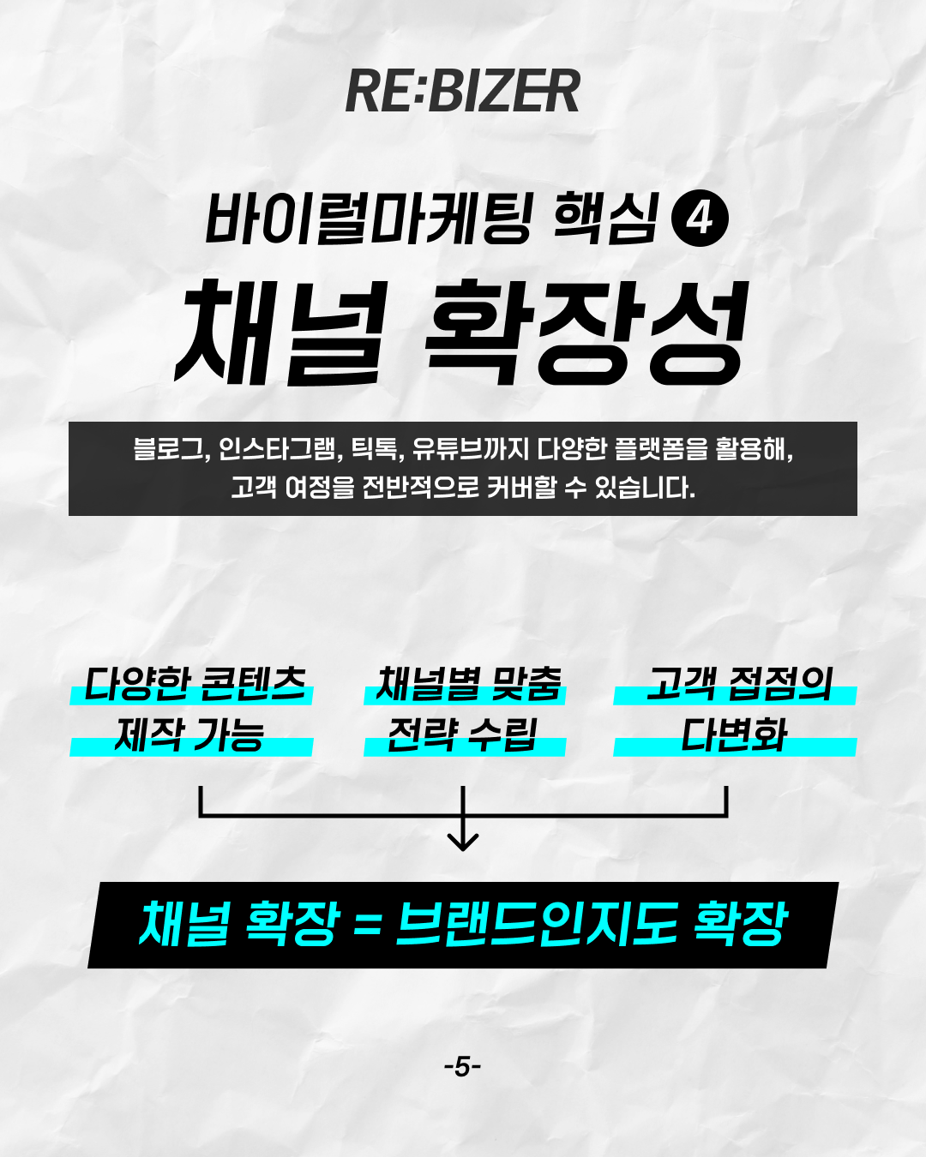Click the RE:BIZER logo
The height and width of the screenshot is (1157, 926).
click(x=463, y=92)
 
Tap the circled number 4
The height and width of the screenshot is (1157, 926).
click(x=701, y=219)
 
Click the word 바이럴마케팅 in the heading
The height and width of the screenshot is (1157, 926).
click(x=369, y=219)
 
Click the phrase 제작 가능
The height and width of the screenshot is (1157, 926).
click(x=189, y=734)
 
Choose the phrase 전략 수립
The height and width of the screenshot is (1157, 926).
click(x=463, y=734)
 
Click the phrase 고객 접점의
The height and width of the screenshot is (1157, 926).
click(x=739, y=685)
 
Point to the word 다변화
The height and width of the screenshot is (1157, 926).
click(x=735, y=734)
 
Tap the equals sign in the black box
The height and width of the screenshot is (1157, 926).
click(x=366, y=925)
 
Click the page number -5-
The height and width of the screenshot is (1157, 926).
click(x=463, y=1067)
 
